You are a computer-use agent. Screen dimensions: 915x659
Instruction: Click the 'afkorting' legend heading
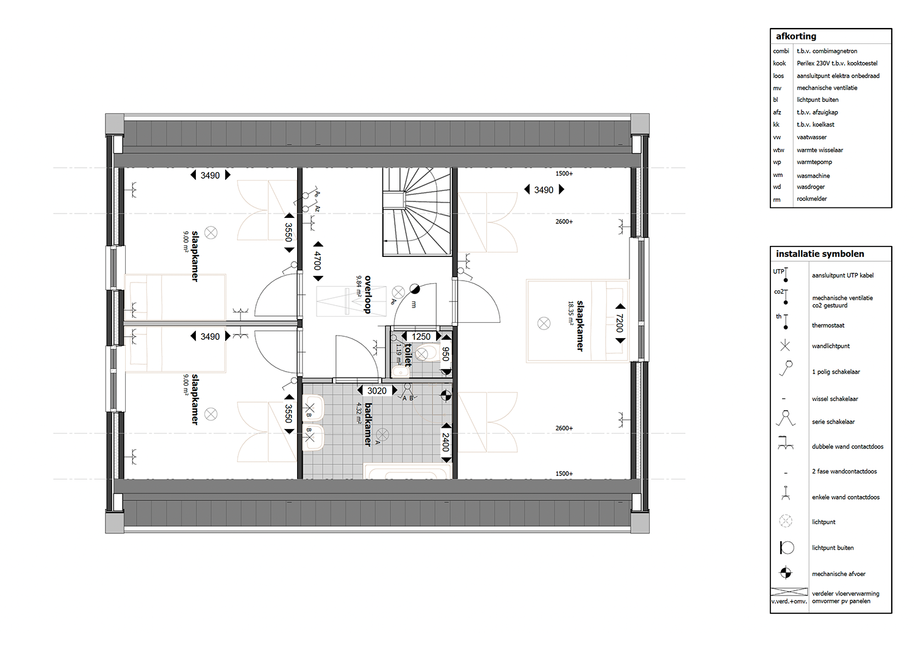point(795,37)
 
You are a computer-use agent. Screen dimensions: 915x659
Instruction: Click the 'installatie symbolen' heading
point(820,254)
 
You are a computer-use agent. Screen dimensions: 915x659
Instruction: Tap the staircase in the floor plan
point(417,212)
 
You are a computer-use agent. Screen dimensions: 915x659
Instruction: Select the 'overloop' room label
point(368,295)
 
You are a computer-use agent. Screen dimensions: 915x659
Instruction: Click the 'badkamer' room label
point(368,425)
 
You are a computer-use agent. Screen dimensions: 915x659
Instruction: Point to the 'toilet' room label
point(408,355)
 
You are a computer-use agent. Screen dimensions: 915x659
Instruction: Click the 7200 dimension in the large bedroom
point(620,323)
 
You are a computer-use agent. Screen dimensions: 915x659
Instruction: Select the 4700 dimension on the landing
point(318,262)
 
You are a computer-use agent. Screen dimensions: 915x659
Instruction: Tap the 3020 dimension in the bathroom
point(376,391)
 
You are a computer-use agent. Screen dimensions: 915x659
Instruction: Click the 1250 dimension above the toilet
point(421,337)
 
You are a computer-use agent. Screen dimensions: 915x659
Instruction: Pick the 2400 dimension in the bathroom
point(446,442)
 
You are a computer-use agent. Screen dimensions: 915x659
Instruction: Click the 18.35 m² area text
point(570,313)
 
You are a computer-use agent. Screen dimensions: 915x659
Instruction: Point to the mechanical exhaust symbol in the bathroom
point(446,395)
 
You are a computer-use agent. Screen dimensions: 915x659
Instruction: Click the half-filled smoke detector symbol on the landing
point(415,289)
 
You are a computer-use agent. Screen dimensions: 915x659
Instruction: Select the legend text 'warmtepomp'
point(814,162)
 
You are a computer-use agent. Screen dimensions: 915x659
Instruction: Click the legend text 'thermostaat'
point(828,326)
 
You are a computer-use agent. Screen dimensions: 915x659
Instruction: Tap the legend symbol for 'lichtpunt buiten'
point(786,547)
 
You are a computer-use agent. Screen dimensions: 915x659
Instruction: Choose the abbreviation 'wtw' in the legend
point(778,150)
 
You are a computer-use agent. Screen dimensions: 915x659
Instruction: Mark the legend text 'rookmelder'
point(812,199)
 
